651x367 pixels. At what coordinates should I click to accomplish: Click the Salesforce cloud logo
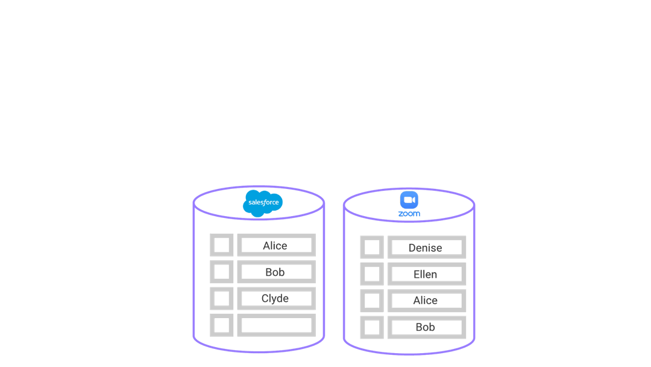pos(263,203)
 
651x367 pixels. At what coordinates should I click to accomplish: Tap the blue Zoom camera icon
pos(409,200)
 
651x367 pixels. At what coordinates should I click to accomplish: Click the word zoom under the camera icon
pos(409,214)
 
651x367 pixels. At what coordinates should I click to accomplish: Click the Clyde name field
pos(277,298)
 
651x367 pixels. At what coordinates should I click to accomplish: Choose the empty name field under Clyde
pos(277,325)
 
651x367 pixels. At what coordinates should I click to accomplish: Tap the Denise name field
pos(427,247)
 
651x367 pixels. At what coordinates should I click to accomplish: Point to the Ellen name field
pos(427,274)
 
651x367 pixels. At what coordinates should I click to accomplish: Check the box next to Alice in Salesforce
pos(222,245)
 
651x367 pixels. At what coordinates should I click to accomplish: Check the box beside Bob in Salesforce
pos(222,272)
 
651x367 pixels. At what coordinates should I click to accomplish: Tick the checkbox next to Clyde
pos(222,298)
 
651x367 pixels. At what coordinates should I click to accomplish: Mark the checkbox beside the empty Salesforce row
pos(222,325)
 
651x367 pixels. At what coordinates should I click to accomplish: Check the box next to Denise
pos(372,247)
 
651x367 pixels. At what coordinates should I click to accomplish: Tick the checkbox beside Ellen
pos(372,274)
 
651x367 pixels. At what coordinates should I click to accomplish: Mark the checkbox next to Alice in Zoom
pos(372,301)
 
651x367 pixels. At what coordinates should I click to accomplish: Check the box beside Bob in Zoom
pos(372,327)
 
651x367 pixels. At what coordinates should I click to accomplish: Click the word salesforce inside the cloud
pos(263,202)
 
